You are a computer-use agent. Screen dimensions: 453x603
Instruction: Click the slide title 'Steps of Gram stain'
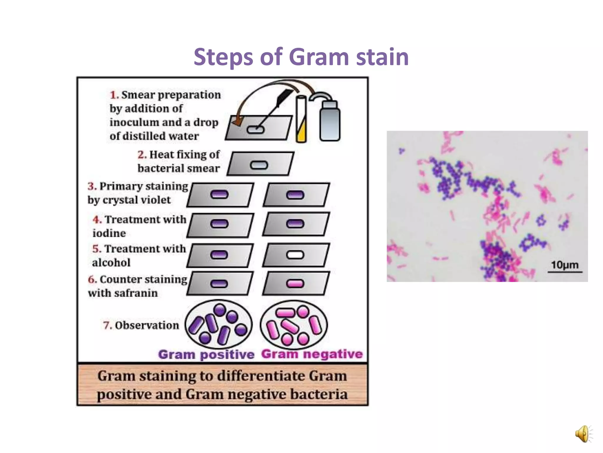point(301,57)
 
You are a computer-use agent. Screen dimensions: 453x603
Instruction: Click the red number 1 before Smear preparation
point(114,95)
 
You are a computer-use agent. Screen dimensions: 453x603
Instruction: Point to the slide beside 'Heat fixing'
point(260,164)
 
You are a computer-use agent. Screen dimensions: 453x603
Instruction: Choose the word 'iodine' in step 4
point(109,233)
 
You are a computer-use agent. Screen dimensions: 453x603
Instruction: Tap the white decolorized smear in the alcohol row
point(295,255)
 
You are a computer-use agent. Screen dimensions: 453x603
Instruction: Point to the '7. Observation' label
point(141,325)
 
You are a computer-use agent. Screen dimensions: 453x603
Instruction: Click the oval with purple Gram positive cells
point(218,324)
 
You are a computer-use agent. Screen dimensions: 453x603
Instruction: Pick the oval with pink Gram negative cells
point(294,324)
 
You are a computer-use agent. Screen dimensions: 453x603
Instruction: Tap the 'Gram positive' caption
point(206,354)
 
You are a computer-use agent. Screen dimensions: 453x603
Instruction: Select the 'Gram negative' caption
point(312,354)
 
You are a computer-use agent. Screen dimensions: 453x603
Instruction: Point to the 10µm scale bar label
point(564,265)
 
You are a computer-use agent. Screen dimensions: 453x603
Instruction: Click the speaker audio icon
point(583,434)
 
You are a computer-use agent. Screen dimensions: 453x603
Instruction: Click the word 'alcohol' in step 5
point(111,262)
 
